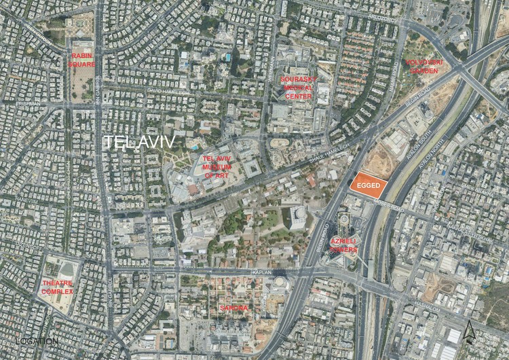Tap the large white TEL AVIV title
[141, 142]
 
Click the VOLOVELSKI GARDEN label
[424, 65]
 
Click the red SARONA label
[234, 308]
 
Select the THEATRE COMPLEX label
[58, 287]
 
